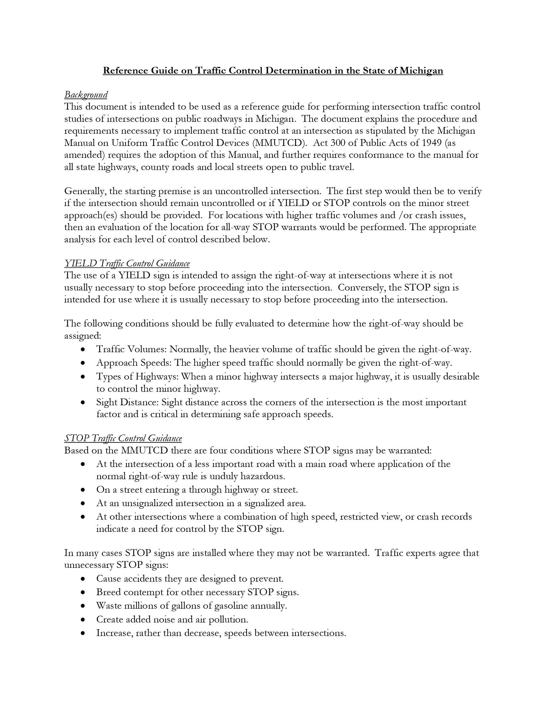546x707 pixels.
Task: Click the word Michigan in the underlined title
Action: [x=421, y=71]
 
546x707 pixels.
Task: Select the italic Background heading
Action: [x=86, y=94]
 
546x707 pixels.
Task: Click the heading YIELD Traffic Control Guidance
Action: [x=127, y=263]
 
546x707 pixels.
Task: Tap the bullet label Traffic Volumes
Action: [x=131, y=349]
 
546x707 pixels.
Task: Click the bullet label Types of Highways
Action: [x=137, y=377]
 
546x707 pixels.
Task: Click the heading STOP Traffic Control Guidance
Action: [x=123, y=438]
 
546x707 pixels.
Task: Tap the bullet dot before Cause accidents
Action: [x=83, y=578]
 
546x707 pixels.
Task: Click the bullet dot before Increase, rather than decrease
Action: [x=83, y=633]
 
